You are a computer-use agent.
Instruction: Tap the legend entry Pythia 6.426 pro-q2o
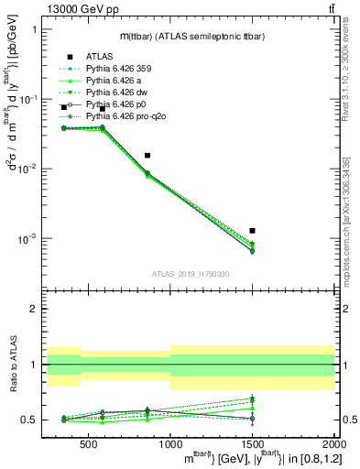(125, 116)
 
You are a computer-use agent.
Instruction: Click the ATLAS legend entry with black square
(98, 56)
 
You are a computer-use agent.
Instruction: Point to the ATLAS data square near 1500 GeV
(252, 231)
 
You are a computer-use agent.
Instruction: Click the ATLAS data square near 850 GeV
(147, 156)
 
